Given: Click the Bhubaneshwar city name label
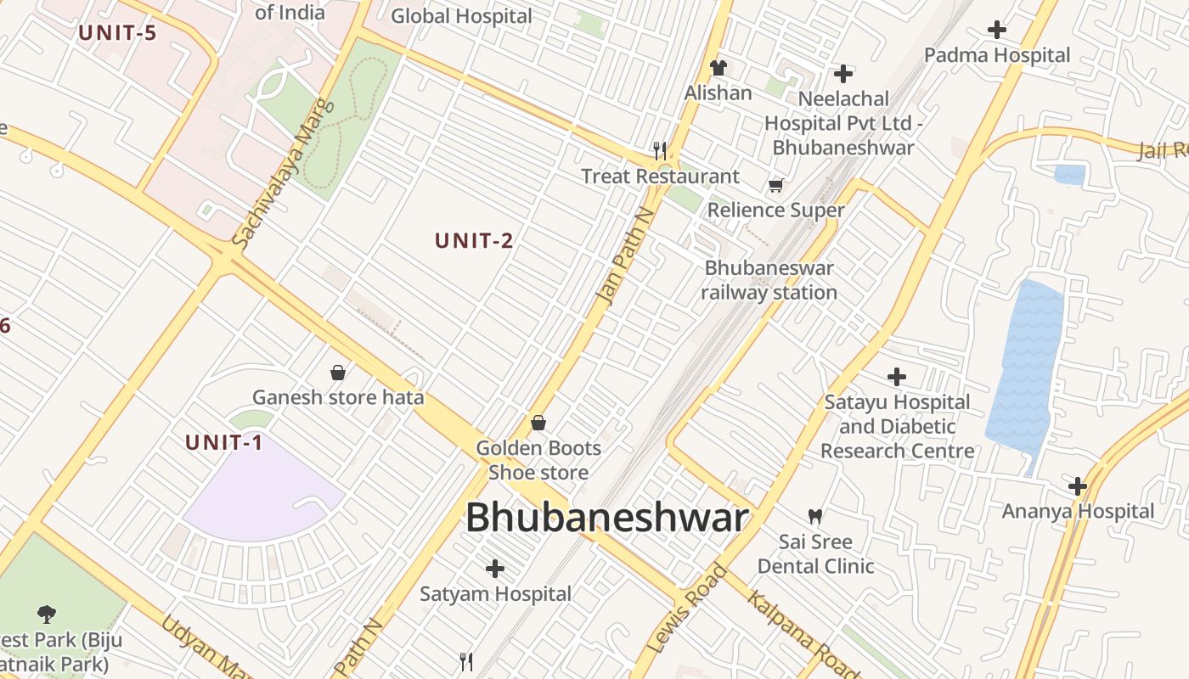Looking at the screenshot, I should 607,518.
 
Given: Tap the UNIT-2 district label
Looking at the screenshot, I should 474,241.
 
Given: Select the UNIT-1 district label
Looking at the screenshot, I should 224,442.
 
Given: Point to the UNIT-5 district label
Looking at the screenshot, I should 118,34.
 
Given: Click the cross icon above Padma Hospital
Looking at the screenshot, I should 997,30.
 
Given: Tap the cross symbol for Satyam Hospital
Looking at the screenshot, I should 495,568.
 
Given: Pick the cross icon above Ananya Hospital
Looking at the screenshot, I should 1078,486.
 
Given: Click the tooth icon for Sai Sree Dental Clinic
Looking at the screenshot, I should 815,515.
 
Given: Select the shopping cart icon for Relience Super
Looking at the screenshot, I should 775,185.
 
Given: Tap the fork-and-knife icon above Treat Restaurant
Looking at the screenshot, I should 660,150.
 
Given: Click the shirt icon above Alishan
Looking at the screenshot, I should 718,67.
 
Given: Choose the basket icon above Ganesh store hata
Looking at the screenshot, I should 338,372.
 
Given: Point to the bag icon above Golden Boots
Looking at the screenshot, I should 538,422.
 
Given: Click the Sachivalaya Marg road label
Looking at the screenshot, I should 284,177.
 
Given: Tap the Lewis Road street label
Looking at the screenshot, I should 687,609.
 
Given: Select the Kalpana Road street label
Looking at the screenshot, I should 792,633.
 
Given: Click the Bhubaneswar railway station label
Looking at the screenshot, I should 769,280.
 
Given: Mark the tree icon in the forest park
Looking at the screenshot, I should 47,614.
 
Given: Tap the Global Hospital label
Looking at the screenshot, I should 461,16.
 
